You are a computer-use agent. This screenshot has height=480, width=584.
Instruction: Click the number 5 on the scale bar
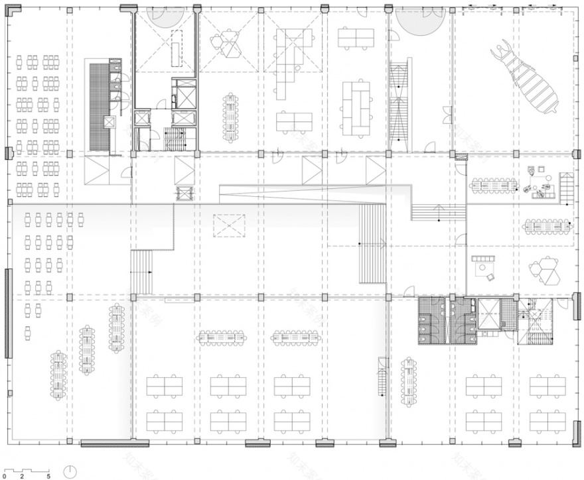[48, 476]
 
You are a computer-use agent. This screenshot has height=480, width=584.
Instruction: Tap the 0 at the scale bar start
[4, 476]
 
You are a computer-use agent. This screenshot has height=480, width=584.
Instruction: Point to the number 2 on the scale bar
[22, 476]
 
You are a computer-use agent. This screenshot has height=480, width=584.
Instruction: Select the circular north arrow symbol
[71, 471]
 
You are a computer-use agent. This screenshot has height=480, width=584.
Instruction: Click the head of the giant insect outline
[503, 50]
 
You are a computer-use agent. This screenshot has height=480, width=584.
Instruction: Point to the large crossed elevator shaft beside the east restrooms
[491, 312]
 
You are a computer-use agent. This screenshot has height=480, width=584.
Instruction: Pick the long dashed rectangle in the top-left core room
[177, 48]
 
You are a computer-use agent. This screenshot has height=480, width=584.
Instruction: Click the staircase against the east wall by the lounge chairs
[566, 188]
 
